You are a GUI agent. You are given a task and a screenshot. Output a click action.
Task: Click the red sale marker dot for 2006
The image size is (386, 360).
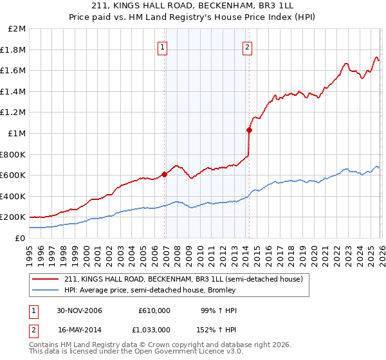coord(165,174)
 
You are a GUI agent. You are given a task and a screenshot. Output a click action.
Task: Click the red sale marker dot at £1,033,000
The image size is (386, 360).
coord(249,130)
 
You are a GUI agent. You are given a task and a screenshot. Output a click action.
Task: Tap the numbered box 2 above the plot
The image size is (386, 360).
coord(247,46)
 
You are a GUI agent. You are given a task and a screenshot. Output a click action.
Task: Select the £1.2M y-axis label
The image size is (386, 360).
coord(15,113)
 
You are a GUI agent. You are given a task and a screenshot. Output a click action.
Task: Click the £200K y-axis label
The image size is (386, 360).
coord(14,217)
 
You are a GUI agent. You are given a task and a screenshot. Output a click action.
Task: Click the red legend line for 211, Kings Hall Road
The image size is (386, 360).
coord(46,280)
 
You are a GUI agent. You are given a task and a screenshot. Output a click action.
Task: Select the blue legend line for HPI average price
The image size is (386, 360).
coord(46,290)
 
